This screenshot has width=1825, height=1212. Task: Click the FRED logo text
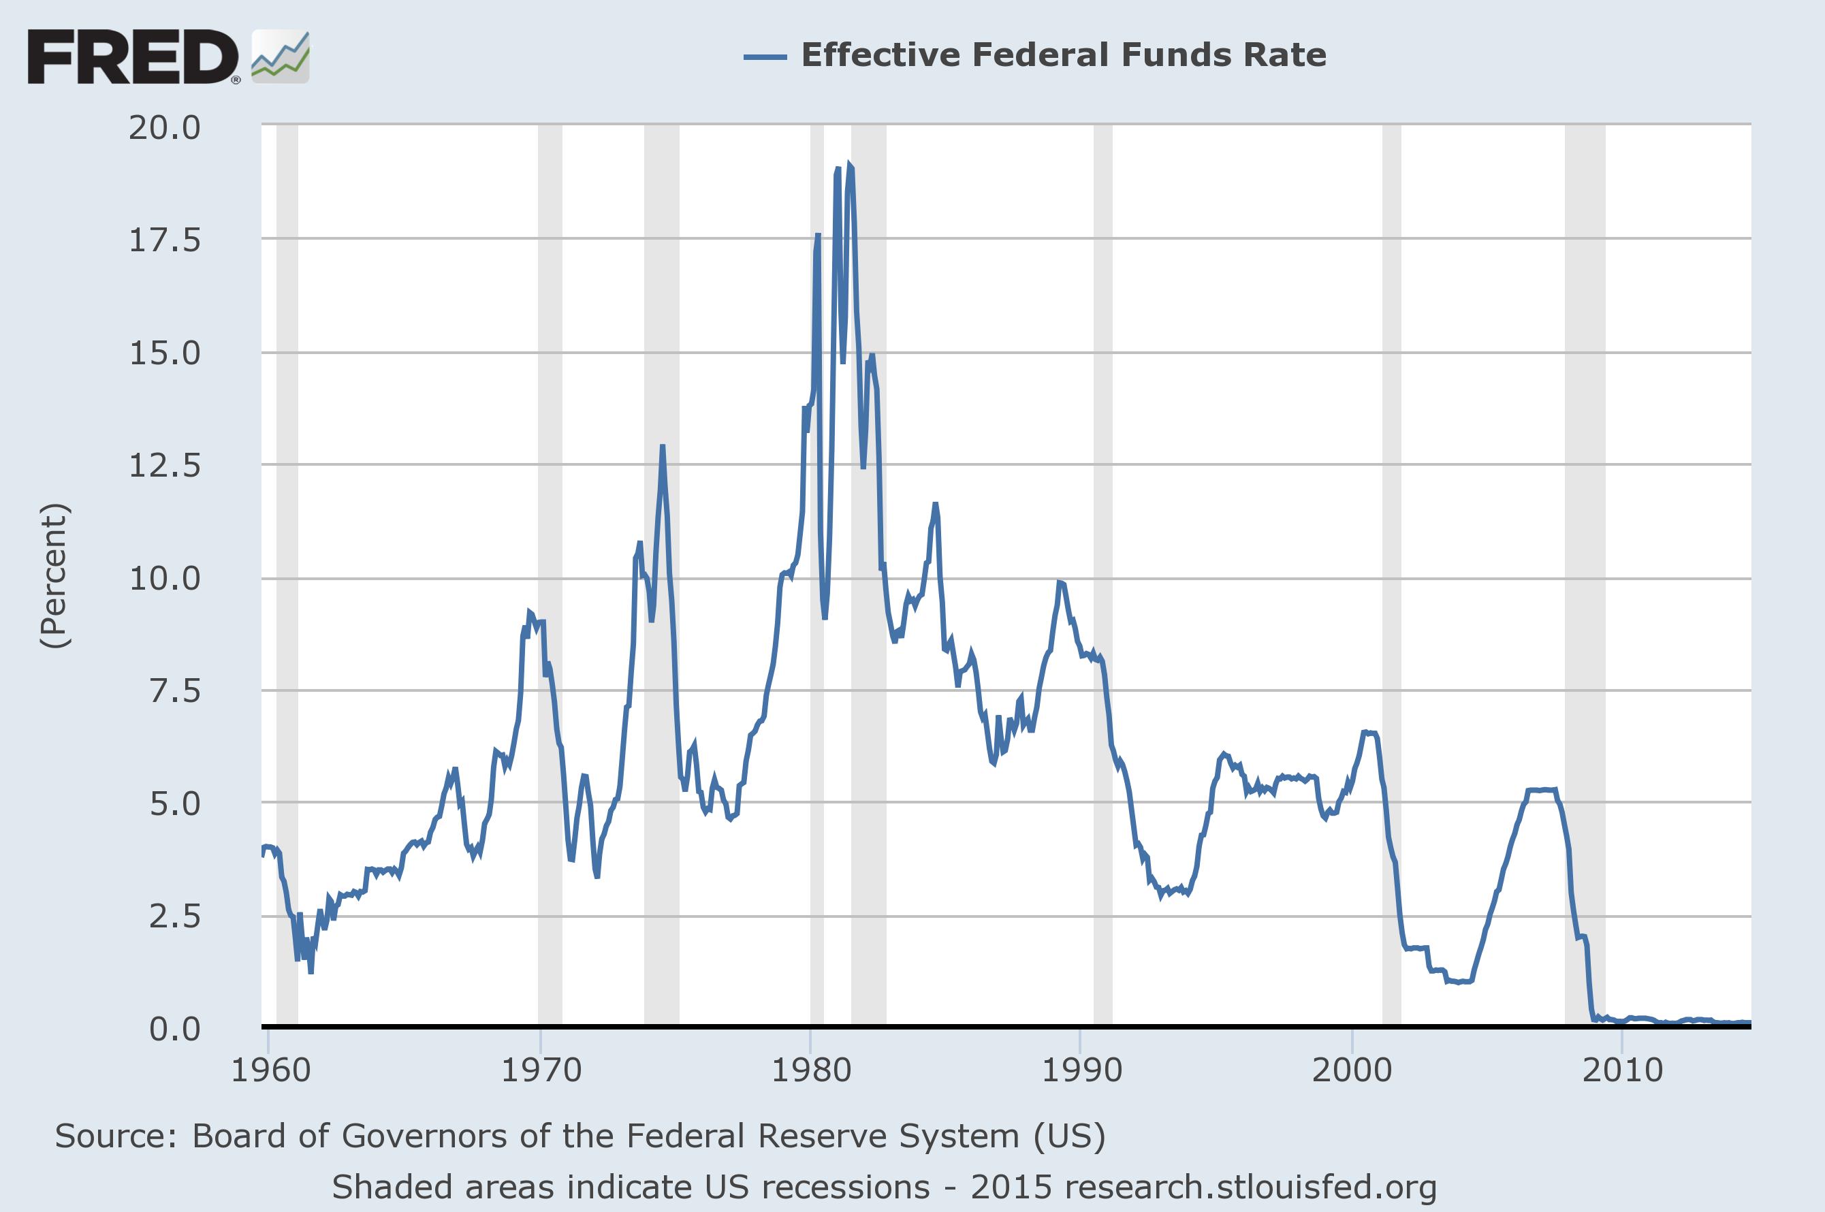click(133, 57)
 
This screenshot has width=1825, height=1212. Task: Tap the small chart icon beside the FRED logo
click(281, 57)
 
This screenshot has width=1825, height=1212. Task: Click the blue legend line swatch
click(765, 57)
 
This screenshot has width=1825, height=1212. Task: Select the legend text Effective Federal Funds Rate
click(1063, 55)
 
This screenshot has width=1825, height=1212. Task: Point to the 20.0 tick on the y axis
click(165, 127)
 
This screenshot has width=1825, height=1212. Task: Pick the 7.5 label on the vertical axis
click(175, 690)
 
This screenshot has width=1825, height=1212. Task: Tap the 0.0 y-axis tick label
click(175, 1029)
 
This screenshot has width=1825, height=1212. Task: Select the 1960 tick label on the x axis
click(270, 1070)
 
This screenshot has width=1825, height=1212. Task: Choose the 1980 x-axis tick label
click(811, 1070)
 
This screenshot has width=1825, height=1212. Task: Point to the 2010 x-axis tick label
click(1621, 1070)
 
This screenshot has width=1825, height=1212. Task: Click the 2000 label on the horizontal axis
click(1352, 1070)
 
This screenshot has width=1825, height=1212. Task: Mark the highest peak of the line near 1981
click(849, 165)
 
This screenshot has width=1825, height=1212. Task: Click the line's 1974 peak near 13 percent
click(663, 447)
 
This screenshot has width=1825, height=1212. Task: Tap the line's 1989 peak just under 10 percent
click(1060, 583)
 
